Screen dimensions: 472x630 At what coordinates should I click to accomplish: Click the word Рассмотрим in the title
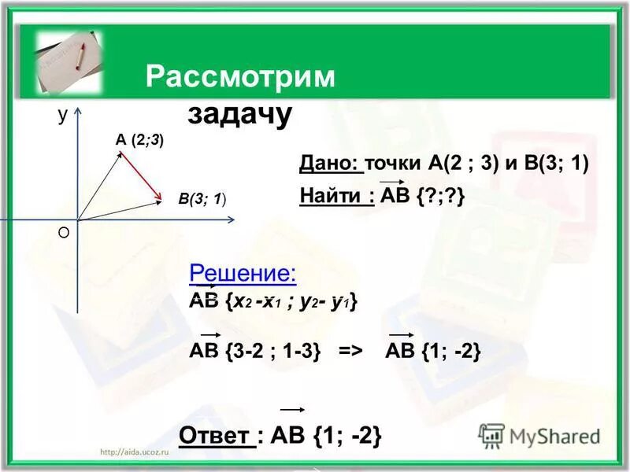240,77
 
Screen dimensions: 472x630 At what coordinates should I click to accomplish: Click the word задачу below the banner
239,114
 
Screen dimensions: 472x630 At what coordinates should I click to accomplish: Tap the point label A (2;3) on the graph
139,140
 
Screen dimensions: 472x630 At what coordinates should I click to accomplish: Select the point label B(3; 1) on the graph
203,199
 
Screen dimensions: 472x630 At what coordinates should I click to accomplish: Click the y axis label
61,115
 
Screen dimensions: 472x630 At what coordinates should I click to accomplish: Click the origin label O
64,233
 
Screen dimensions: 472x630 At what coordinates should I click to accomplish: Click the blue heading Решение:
243,274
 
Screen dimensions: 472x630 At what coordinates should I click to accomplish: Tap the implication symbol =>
350,352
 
